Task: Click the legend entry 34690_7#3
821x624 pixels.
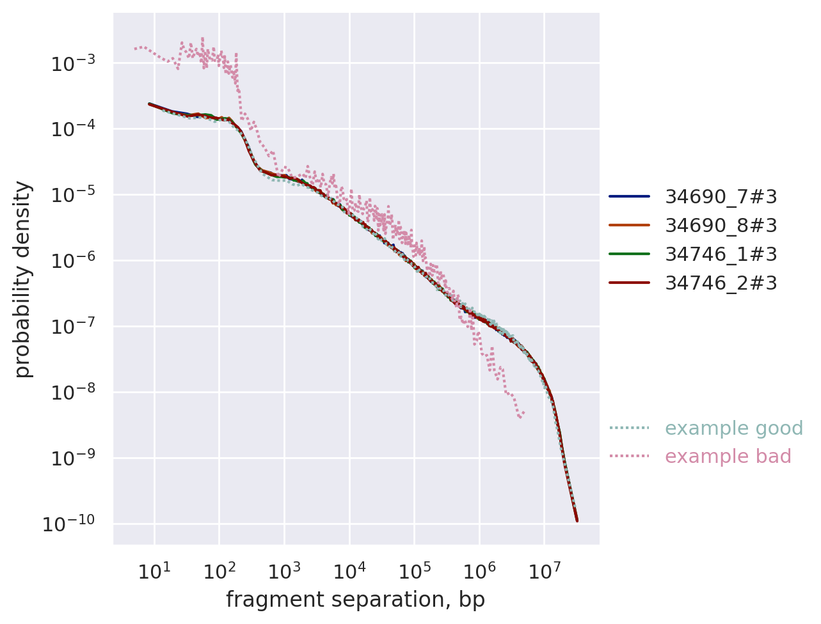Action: click(x=721, y=197)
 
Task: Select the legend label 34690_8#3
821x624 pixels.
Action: click(x=721, y=226)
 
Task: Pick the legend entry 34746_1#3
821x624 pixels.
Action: click(x=721, y=254)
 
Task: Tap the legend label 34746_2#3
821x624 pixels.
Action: click(x=721, y=283)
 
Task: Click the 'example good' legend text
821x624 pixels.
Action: click(x=734, y=428)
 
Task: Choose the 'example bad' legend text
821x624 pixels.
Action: click(x=728, y=456)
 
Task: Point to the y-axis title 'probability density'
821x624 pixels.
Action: click(x=23, y=279)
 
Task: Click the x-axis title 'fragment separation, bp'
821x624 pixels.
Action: click(x=355, y=600)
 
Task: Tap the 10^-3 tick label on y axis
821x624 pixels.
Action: click(x=72, y=64)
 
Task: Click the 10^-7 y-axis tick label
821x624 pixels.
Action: click(x=72, y=327)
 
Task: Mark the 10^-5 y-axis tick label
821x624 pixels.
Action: click(x=72, y=196)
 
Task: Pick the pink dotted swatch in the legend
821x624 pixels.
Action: click(x=629, y=456)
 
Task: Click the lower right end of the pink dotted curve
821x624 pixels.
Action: click(x=524, y=412)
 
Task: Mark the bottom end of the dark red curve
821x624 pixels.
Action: click(x=577, y=520)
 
